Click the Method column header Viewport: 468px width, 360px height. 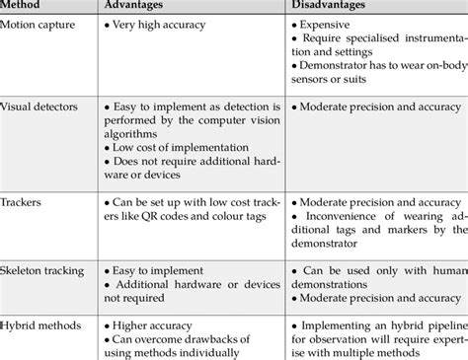point(24,8)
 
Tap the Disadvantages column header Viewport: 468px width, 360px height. point(335,8)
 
